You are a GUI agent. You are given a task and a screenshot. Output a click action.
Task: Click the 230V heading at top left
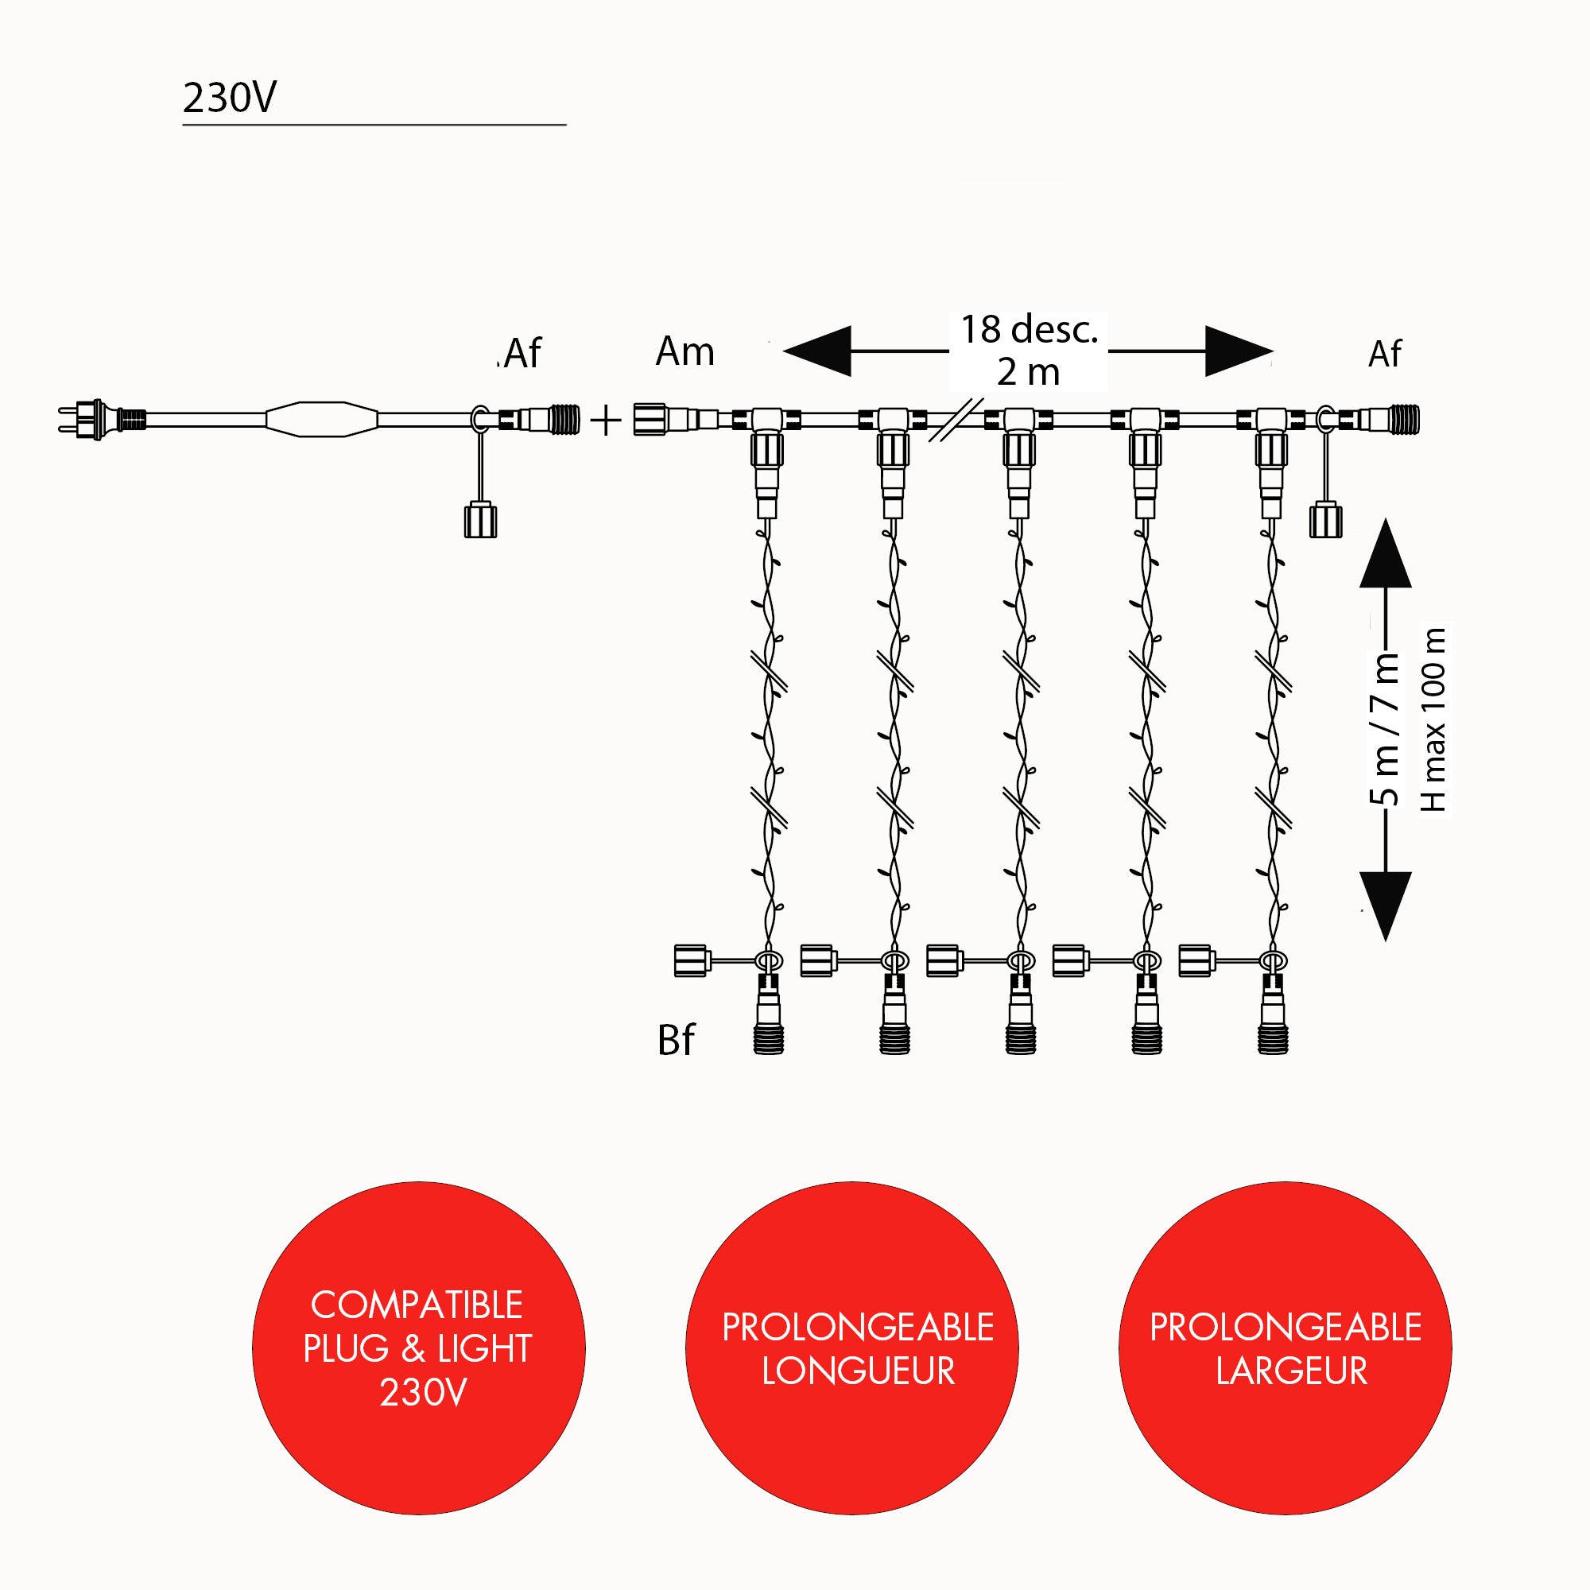pos(230,97)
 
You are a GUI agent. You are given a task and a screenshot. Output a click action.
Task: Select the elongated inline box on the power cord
pos(322,420)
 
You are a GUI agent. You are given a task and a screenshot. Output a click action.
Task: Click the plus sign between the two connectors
pos(606,421)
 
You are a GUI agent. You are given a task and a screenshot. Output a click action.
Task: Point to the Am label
pos(684,352)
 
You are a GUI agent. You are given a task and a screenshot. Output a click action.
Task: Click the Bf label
pos(676,1040)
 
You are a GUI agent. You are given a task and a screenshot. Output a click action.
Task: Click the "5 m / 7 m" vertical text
pos(1386,728)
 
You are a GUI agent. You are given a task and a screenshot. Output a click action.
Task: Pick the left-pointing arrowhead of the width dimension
pos(817,351)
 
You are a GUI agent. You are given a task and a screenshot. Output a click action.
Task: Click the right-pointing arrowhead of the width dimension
pos(1239,351)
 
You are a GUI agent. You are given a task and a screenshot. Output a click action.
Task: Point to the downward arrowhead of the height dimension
pos(1386,906)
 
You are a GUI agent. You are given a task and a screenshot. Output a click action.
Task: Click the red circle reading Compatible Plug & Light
pos(419,1348)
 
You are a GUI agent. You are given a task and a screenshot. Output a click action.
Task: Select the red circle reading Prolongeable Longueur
pos(851,1348)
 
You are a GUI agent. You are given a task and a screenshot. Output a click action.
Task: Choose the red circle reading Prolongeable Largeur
pos(1285,1348)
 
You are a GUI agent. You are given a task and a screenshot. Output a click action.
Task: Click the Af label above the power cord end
pos(522,354)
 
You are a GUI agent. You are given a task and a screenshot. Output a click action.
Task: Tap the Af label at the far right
pos(1384,355)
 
